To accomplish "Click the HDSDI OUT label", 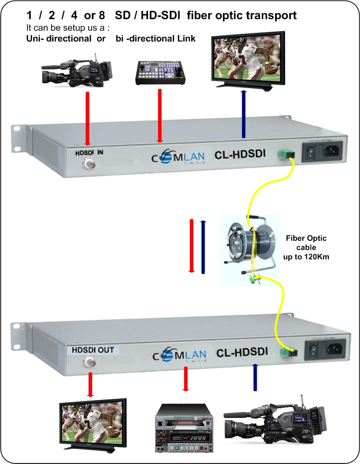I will tap(93, 350).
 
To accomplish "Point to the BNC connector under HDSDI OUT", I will tap(89, 362).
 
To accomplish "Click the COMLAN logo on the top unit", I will tap(179, 158).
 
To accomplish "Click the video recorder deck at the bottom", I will tap(185, 426).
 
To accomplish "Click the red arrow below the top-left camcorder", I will tap(87, 119).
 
